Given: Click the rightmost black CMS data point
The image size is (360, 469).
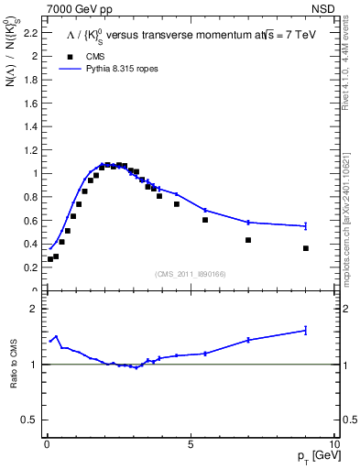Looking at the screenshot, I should click(306, 248).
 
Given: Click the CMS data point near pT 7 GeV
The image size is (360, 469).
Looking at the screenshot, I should click(248, 240).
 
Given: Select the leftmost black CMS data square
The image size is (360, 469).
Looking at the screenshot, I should click(50, 259).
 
